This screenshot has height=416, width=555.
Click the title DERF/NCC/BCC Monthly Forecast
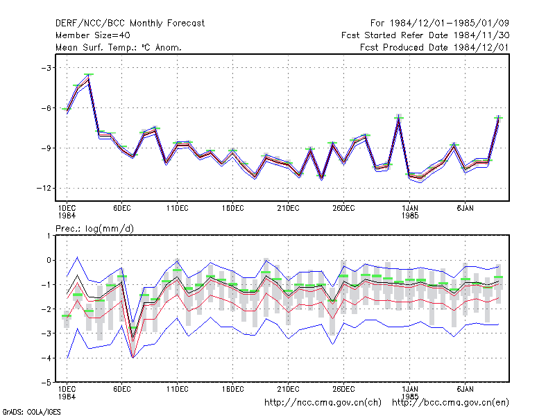click(130, 24)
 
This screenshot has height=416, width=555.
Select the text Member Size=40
click(93, 35)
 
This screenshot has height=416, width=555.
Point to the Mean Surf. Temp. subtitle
click(119, 47)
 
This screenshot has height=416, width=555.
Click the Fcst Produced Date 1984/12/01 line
click(435, 47)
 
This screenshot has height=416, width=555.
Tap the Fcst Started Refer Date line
click(425, 35)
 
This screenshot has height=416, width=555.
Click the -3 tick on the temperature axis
click(46, 67)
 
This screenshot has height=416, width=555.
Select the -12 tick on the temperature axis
click(44, 188)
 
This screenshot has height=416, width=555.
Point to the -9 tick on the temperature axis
click(46, 148)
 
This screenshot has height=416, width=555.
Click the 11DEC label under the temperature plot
click(178, 208)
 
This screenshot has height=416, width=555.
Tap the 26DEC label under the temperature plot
click(343, 208)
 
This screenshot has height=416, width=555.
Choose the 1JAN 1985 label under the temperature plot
click(410, 211)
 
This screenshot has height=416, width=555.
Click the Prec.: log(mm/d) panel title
click(94, 229)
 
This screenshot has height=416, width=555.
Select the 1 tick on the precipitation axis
click(49, 236)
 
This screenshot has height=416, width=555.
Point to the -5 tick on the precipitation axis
click(46, 383)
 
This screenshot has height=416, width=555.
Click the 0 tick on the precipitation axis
click(49, 260)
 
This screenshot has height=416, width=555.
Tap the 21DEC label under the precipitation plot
click(288, 389)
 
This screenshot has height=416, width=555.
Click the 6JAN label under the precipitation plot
click(465, 389)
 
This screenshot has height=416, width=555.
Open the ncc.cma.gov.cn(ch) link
click(323, 403)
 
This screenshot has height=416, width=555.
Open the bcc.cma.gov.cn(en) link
click(450, 403)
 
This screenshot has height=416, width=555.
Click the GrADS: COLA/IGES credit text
click(31, 412)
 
